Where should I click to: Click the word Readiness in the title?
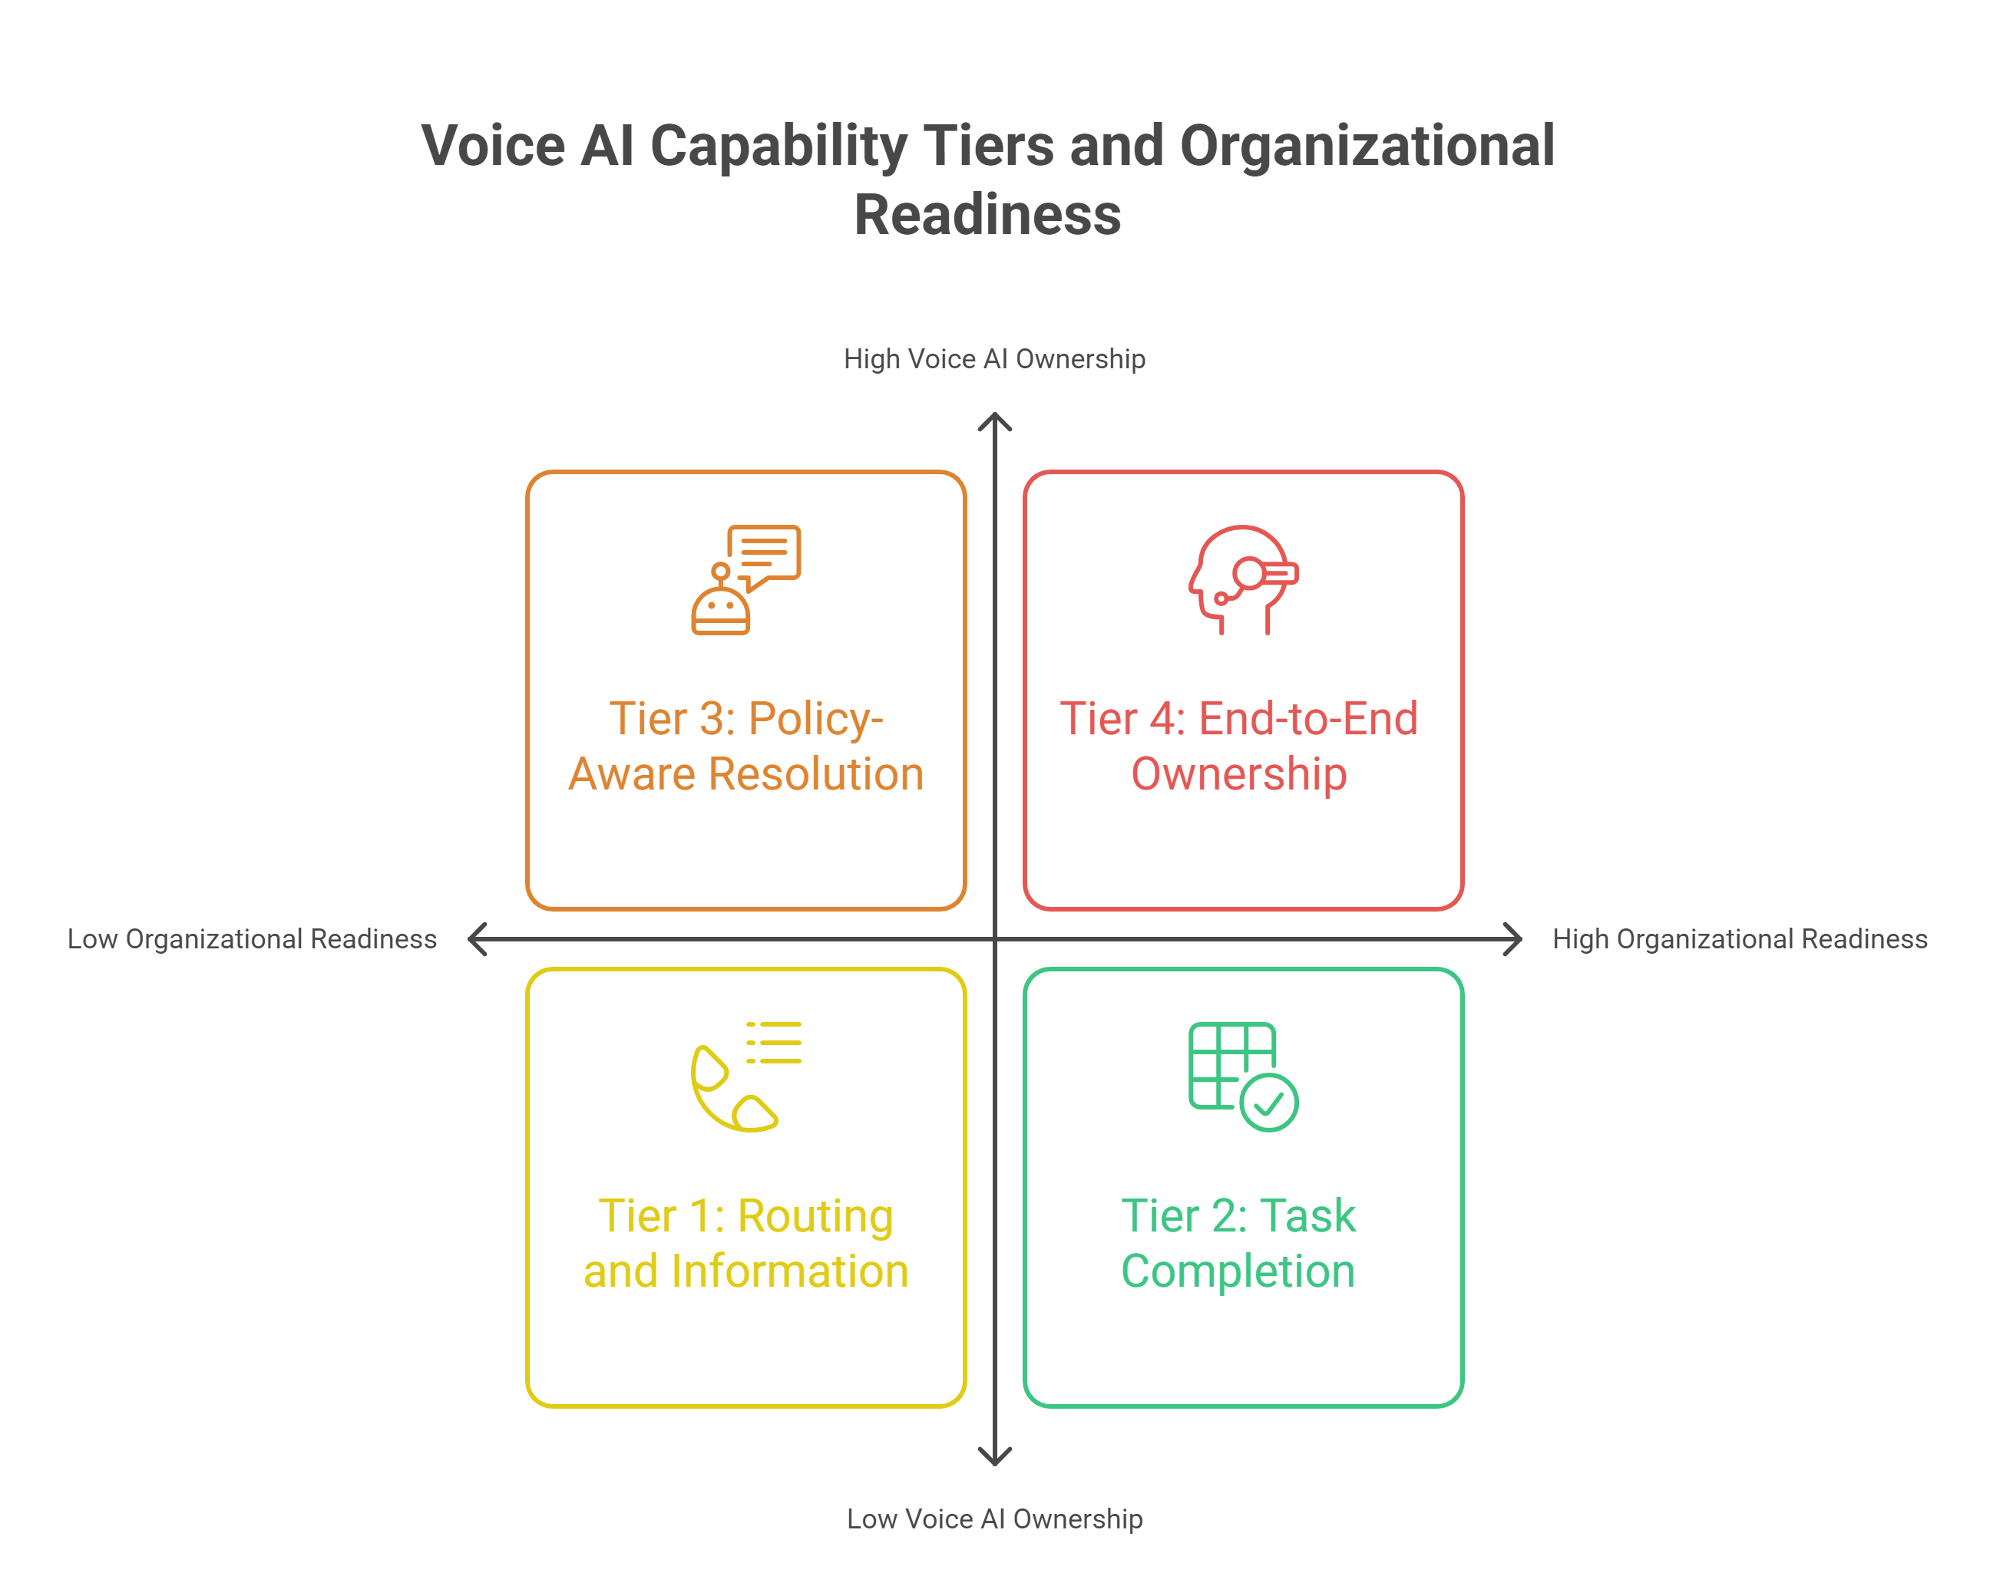coord(987,215)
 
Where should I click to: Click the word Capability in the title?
coord(778,146)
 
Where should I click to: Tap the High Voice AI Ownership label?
coord(994,359)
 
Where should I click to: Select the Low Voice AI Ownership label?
coord(994,1518)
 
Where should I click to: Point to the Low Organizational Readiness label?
coord(252,938)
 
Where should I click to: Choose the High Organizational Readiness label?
coord(1739,938)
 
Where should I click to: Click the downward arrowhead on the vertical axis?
coord(995,1458)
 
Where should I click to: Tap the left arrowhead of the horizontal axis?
coord(476,939)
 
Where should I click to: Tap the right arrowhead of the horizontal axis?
coord(1514,939)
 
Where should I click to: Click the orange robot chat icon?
coord(745,579)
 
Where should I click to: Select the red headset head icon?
coord(1242,579)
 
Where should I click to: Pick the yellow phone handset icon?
coord(735,1089)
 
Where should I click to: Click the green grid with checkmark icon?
coord(1242,1076)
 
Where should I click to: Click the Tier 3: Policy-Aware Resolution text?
coord(745,746)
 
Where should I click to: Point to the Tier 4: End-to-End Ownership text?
coord(1238,746)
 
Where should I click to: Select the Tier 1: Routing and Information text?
coord(745,1243)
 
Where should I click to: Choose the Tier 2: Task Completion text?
coord(1238,1243)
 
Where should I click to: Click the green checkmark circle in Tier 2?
coord(1269,1102)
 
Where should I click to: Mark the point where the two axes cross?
coord(995,939)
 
